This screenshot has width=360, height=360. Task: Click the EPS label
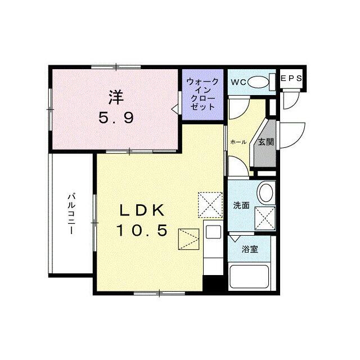coord(291,79)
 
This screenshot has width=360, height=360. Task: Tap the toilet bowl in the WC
coord(258,82)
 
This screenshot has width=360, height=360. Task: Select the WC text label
coord(238,82)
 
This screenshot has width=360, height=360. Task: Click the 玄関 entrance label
coord(266,142)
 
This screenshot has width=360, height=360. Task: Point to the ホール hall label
coord(238,142)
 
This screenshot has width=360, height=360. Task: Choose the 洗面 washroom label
coord(241,205)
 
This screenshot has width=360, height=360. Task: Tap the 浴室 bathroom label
coord(250,249)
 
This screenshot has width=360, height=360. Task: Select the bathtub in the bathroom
coord(249,277)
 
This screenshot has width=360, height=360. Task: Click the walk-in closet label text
coord(202,94)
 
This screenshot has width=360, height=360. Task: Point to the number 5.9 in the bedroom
coord(116,119)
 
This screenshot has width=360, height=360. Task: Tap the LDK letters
coord(142,210)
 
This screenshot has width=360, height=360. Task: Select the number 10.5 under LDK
coord(142,230)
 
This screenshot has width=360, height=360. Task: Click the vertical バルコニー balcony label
coord(71,214)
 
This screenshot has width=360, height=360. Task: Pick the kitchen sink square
coord(213,232)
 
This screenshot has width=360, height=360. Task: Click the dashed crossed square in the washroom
coord(265,218)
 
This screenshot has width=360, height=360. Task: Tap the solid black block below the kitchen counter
coord(213,283)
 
